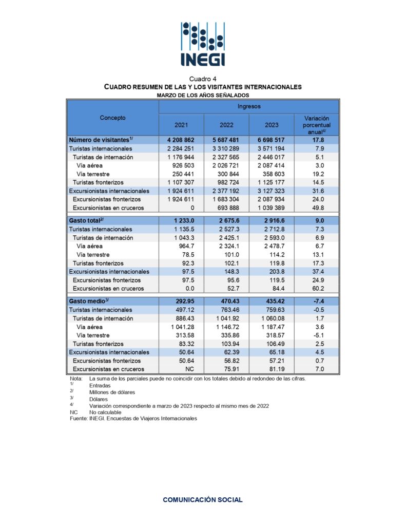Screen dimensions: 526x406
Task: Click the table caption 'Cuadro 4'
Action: [203, 79]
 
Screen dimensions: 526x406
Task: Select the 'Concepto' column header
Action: [112, 118]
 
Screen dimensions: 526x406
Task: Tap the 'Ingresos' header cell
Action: [248, 106]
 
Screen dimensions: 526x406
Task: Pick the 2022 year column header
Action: [226, 125]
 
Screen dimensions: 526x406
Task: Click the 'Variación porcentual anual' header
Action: [316, 125]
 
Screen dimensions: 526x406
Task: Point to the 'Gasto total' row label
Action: [88, 220]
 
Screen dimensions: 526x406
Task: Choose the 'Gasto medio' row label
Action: [89, 301]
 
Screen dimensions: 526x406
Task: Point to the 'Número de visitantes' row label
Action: [101, 140]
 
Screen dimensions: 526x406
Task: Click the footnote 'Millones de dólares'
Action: [112, 392]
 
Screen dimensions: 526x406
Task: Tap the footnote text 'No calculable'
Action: [105, 412]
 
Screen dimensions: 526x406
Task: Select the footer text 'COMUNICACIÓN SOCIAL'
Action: [203, 499]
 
